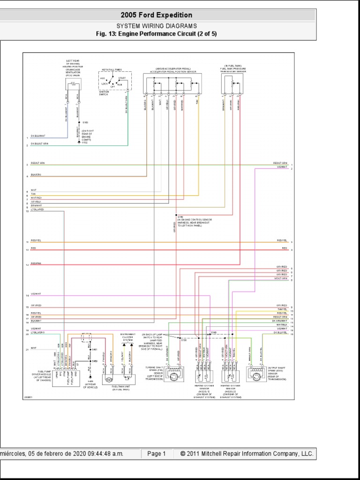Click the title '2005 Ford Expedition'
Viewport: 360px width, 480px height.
click(156, 15)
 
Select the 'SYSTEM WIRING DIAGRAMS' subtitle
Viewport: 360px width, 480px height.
click(156, 26)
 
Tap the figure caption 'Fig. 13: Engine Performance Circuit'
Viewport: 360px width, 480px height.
click(156, 34)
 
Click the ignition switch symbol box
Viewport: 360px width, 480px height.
click(115, 81)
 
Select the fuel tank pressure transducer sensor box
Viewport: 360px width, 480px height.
click(232, 83)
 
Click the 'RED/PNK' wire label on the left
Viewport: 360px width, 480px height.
click(37, 264)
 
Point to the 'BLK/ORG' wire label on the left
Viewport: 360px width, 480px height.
click(36, 175)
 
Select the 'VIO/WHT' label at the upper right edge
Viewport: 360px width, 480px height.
click(281, 167)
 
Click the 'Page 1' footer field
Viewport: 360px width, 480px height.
click(157, 454)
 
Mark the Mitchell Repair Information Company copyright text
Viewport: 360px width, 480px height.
click(243, 454)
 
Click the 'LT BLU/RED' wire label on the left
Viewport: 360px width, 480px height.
click(37, 210)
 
